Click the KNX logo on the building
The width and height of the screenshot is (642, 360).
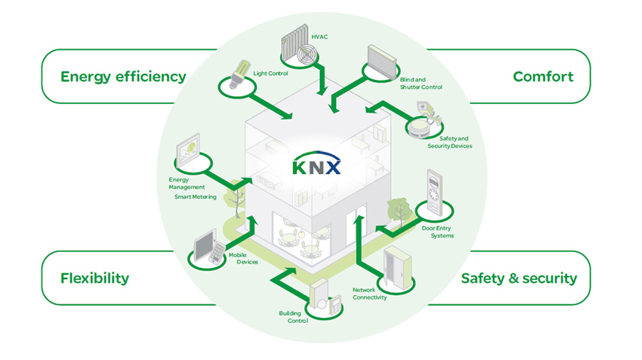pyautogui.click(x=316, y=164)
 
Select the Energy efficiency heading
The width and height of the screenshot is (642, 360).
pyautogui.click(x=123, y=77)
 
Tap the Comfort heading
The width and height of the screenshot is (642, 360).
pyautogui.click(x=543, y=76)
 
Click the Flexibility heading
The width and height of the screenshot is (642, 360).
pyautogui.click(x=95, y=278)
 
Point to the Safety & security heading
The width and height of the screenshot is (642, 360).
pyautogui.click(x=519, y=278)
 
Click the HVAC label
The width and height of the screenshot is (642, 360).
pyautogui.click(x=320, y=37)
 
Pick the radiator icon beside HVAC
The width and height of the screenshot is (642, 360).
pyautogui.click(x=299, y=44)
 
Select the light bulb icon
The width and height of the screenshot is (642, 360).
pyautogui.click(x=239, y=74)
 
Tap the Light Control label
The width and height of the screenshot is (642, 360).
pyautogui.click(x=270, y=73)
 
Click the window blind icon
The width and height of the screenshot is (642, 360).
pyautogui.click(x=382, y=62)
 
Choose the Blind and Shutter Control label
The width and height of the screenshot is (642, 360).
pyautogui.click(x=421, y=83)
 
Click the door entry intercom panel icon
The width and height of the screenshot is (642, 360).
pyautogui.click(x=434, y=192)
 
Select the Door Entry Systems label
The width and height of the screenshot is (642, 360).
pyautogui.click(x=438, y=232)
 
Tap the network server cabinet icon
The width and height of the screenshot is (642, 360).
pyautogui.click(x=397, y=267)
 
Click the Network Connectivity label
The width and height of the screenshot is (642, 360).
pyautogui.click(x=370, y=294)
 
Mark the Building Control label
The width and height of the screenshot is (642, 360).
pyautogui.click(x=294, y=317)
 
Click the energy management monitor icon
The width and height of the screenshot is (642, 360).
pyautogui.click(x=188, y=149)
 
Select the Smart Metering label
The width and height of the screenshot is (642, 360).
pyautogui.click(x=195, y=197)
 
